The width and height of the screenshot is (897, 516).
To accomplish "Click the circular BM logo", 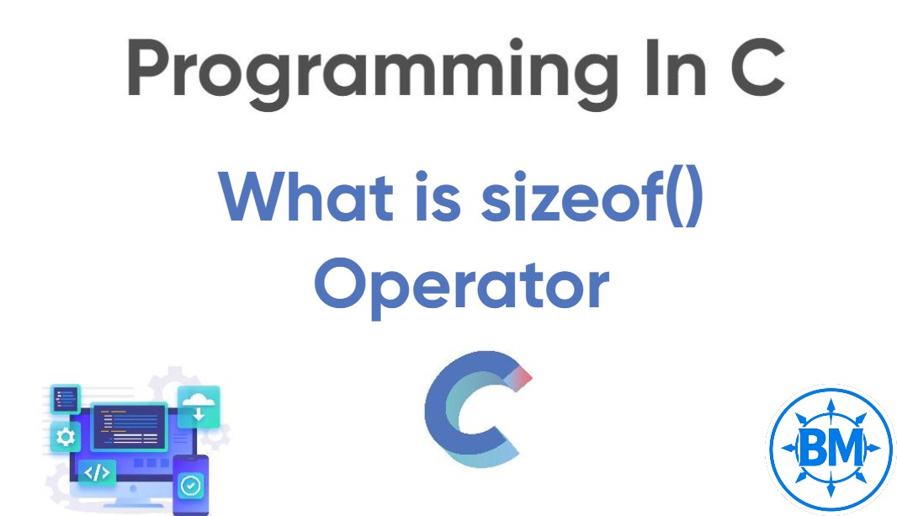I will click(829, 447).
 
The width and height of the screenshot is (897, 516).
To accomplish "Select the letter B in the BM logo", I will click(812, 447).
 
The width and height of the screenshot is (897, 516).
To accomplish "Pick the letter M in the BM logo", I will click(847, 447).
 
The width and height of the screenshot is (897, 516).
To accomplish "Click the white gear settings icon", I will click(65, 438).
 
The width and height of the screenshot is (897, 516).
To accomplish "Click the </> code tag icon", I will click(97, 472).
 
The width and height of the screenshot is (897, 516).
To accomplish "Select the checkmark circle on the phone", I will click(191, 485).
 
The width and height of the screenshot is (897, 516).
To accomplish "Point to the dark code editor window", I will click(128, 425).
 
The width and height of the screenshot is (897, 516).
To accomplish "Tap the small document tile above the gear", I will click(65, 399).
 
